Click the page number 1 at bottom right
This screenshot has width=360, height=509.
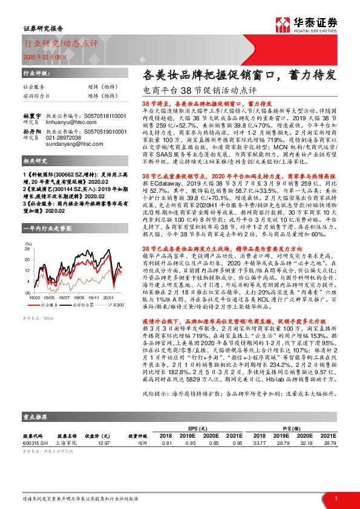(335, 498)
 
